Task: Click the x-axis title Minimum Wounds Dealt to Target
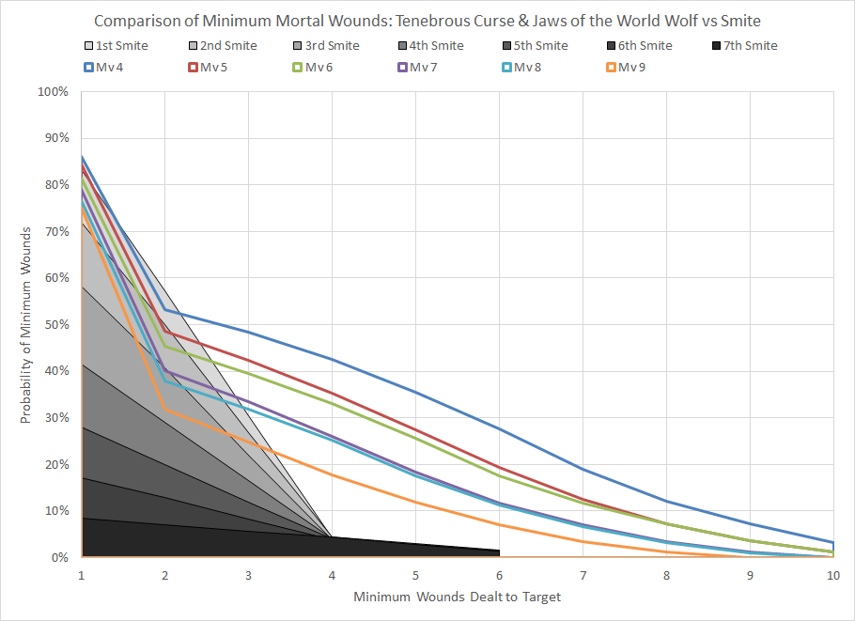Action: (457, 597)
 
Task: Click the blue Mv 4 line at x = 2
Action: (165, 309)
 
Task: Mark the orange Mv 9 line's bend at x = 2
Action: (165, 408)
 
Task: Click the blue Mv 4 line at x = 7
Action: (583, 469)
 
